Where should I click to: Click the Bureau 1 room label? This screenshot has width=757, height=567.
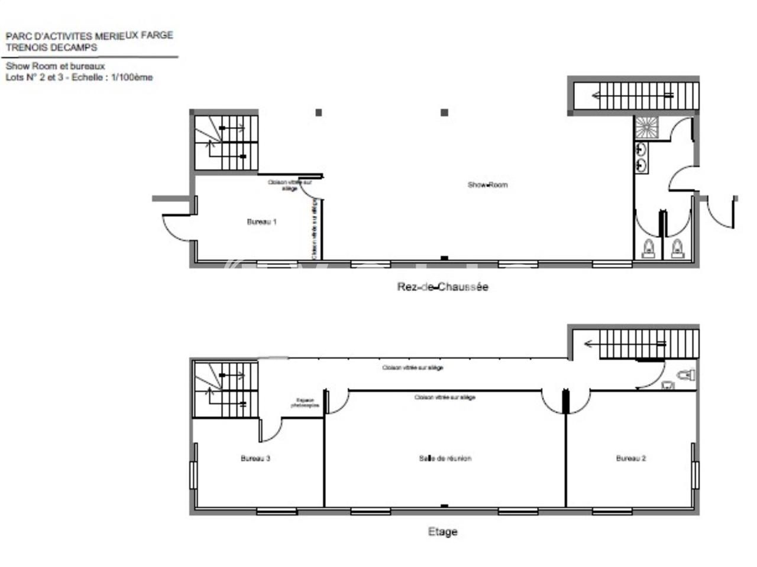tap(261, 222)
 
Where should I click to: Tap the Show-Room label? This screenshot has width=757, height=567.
tap(487, 185)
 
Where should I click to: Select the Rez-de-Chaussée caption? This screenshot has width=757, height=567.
tap(442, 287)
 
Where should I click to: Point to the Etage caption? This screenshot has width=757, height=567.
tap(442, 532)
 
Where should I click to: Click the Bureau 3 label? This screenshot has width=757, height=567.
tap(255, 458)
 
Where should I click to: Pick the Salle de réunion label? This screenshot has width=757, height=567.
tap(445, 458)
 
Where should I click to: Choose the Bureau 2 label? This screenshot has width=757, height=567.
tap(630, 458)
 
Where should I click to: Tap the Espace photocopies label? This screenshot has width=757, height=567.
tap(305, 403)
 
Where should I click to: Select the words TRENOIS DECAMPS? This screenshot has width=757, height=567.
tap(51, 47)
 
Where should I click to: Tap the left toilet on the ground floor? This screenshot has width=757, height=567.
tap(649, 249)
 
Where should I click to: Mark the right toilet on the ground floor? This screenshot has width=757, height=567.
tap(678, 249)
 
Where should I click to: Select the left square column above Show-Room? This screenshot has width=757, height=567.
tap(319, 112)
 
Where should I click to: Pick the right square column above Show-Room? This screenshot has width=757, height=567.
tap(445, 112)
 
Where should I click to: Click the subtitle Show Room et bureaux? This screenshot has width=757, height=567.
tap(55, 66)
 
